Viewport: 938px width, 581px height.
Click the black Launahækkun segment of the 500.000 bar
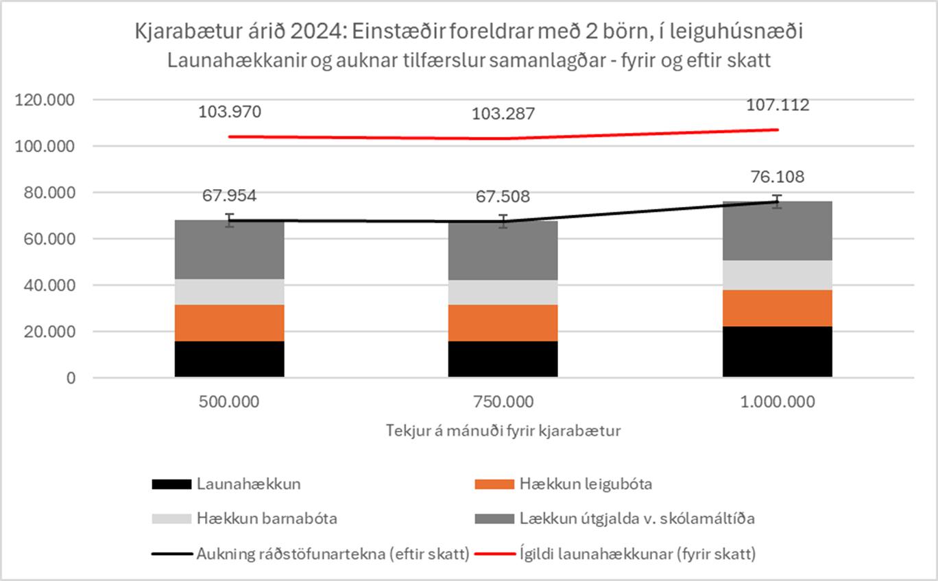coord(230,359)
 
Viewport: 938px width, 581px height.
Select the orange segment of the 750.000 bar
coord(503,323)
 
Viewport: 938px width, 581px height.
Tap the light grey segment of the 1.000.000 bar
coord(777,275)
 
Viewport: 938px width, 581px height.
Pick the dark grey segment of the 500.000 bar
coord(230,249)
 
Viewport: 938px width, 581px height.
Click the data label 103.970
coord(230,112)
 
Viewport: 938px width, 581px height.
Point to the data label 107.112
coord(778,105)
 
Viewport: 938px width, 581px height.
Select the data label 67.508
coord(503,196)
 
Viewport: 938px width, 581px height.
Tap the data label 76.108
coord(777,177)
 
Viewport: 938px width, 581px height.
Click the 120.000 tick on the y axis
coord(45,100)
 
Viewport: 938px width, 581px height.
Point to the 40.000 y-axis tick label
coord(49,285)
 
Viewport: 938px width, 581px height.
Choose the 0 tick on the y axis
coord(71,378)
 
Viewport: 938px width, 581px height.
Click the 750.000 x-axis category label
coord(503,401)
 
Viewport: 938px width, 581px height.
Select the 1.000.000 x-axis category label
coord(778,401)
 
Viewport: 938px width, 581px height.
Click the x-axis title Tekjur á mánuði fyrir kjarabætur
coord(503,430)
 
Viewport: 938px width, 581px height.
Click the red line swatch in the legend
coord(495,554)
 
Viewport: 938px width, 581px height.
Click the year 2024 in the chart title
coord(317,32)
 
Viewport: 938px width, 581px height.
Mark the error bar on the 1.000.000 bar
coord(777,201)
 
